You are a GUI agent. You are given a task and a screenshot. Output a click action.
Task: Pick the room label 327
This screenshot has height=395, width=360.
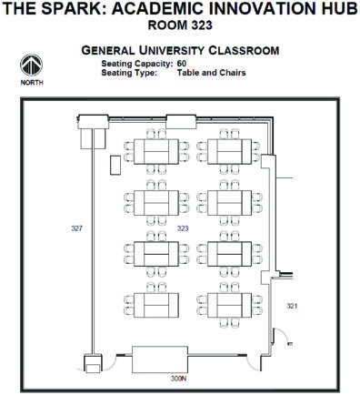coord(76,228)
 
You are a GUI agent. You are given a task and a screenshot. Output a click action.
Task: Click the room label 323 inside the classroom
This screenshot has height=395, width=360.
coord(183,228)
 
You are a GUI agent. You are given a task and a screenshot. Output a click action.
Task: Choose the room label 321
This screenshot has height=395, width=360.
coord(291,305)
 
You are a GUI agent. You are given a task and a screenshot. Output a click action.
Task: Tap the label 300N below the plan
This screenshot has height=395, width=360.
coord(178,377)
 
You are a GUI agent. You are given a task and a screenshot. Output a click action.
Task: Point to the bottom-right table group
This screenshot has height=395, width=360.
coord(231,302)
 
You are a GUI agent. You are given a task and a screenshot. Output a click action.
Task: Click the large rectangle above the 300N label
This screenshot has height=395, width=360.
coord(160,358)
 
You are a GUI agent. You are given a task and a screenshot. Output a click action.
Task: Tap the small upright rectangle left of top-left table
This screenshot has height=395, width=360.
coord(115,166)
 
